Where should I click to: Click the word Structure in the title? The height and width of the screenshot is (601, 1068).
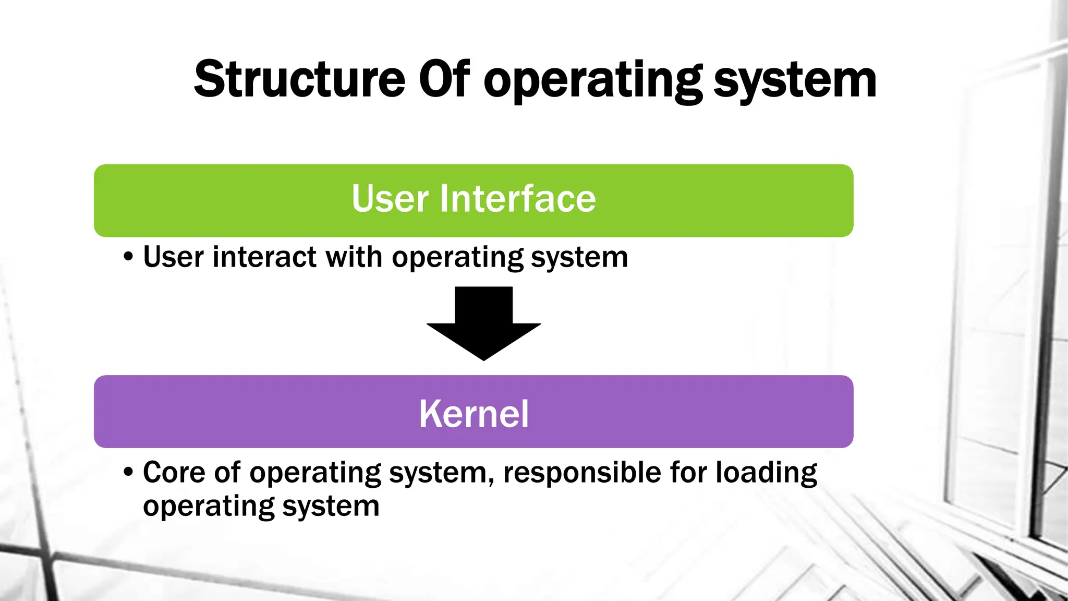coord(299,79)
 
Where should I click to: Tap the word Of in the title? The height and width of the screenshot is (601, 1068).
coord(444,79)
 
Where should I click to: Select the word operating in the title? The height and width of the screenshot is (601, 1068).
coord(592,81)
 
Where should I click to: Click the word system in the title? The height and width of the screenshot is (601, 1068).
coord(795,81)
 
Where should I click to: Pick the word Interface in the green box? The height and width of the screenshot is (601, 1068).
coord(518,199)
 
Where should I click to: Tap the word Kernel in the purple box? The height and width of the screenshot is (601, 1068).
coord(474,414)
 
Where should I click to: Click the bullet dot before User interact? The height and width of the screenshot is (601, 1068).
coord(128,257)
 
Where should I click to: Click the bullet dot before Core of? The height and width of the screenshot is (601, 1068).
coord(128,473)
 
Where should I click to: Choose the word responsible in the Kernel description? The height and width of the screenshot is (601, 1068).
coord(581,472)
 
